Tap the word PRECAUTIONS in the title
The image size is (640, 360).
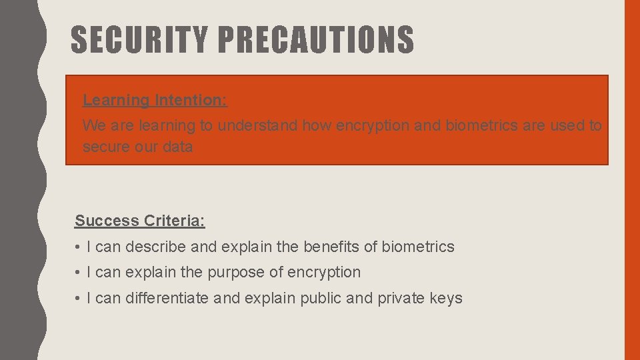coord(315,40)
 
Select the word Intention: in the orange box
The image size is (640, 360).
coord(191,101)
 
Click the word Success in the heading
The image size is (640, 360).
coord(106,221)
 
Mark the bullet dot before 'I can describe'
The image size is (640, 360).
coord(78,247)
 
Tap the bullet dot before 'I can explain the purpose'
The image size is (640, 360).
coord(78,273)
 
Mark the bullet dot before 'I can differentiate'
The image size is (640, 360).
coord(78,299)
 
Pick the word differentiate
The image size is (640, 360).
coord(167,298)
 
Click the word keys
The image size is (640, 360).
coord(446,298)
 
